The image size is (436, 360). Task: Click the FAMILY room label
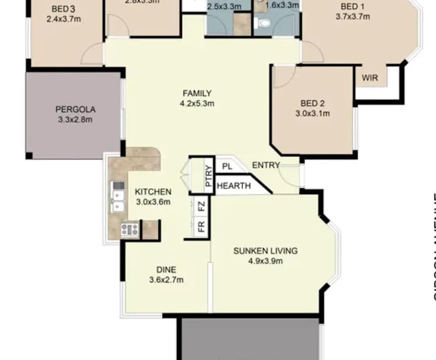tap(197, 94)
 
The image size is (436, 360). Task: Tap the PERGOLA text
tap(75, 109)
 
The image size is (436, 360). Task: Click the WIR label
tap(370, 78)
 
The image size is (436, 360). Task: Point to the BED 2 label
tap(313, 103)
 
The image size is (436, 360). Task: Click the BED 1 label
tap(352, 6)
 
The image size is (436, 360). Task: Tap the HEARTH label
tap(233, 186)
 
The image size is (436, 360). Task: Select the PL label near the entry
tap(227, 166)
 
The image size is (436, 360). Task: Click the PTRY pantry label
tap(209, 174)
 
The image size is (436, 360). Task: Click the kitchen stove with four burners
tap(130, 229)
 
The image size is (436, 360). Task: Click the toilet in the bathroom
tap(262, 23)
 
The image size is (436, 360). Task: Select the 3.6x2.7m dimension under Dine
tap(166, 280)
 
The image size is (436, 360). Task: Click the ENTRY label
tap(266, 165)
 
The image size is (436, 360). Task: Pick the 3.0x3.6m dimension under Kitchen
tap(153, 202)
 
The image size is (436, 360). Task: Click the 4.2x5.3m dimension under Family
tap(197, 104)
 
